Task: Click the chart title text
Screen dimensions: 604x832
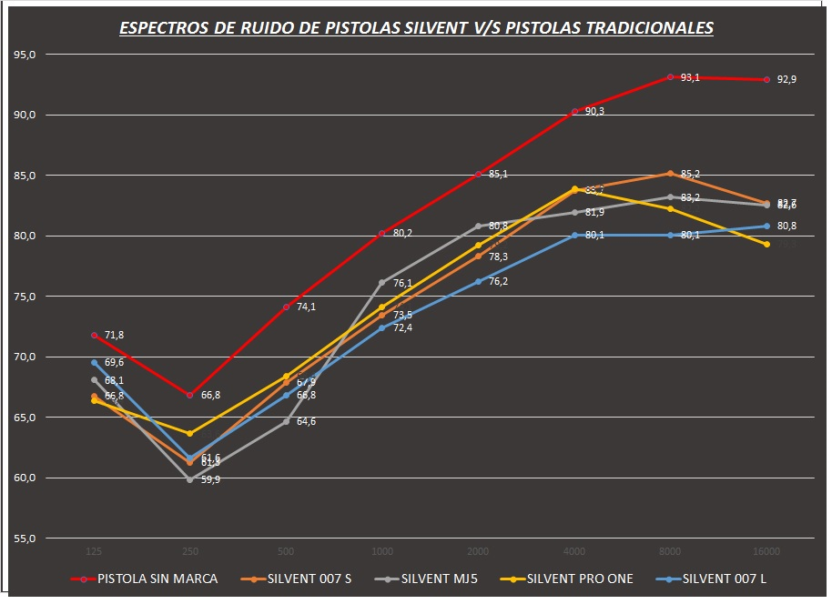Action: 416,28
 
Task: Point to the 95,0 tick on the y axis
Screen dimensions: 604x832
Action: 25,55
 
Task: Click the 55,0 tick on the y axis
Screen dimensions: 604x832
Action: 25,539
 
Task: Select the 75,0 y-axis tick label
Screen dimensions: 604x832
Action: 25,297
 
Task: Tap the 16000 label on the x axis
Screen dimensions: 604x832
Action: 766,552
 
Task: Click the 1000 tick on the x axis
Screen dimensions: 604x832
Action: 381,552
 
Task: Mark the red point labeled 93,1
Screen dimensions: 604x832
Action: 670,77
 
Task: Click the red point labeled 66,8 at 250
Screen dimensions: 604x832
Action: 189,396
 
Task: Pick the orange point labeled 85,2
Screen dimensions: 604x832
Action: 670,173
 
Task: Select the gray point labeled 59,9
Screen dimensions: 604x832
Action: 189,479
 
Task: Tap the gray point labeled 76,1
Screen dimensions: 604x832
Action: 381,283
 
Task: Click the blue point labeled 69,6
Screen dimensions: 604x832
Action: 94,362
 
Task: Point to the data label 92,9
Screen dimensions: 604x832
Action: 787,80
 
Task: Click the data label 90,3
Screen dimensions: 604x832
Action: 595,111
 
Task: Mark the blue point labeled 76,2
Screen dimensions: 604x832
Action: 478,282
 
